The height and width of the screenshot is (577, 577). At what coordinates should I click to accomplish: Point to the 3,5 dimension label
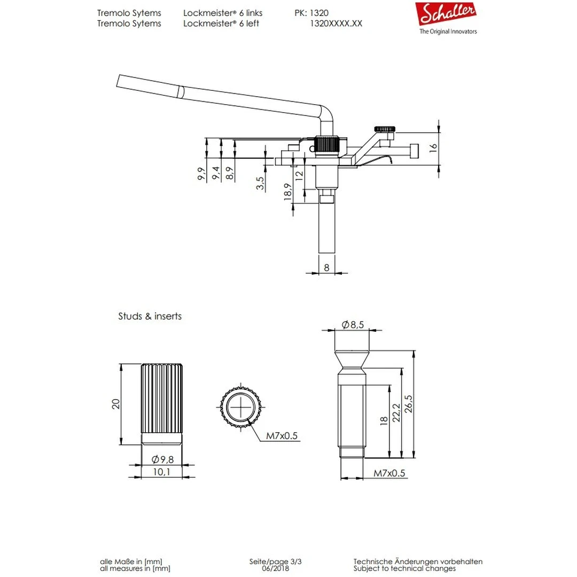(x=260, y=183)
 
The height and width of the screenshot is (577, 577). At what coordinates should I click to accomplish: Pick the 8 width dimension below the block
(x=326, y=268)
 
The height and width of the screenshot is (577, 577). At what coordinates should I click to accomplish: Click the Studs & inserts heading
(x=150, y=316)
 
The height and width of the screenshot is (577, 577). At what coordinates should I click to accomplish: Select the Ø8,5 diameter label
(x=352, y=324)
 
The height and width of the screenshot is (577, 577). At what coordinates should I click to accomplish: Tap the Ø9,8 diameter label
(x=162, y=459)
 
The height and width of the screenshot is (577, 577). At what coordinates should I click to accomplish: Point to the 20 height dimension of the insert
(x=116, y=403)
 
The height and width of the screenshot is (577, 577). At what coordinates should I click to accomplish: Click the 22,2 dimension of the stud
(x=395, y=412)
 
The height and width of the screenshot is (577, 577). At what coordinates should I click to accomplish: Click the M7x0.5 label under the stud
(x=389, y=473)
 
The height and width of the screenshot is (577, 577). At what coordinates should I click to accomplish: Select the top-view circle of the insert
(x=242, y=407)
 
